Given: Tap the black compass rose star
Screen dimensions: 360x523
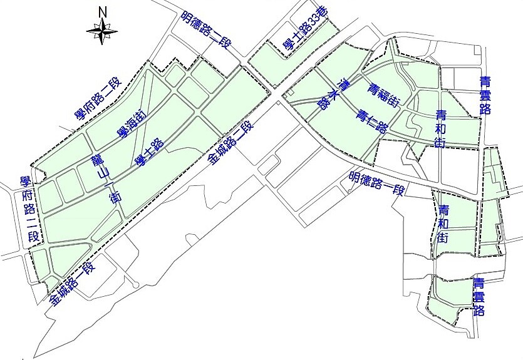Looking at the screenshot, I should click(103, 29).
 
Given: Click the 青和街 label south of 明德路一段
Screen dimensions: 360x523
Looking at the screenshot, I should click(443, 223).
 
